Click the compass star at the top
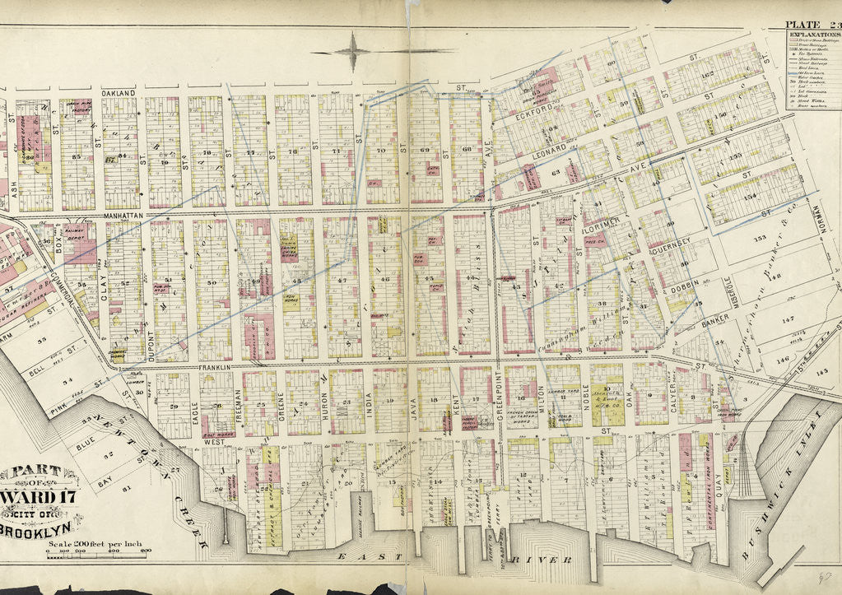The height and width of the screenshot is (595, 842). (x=354, y=51)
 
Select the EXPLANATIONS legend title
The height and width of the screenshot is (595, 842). (x=812, y=36)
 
